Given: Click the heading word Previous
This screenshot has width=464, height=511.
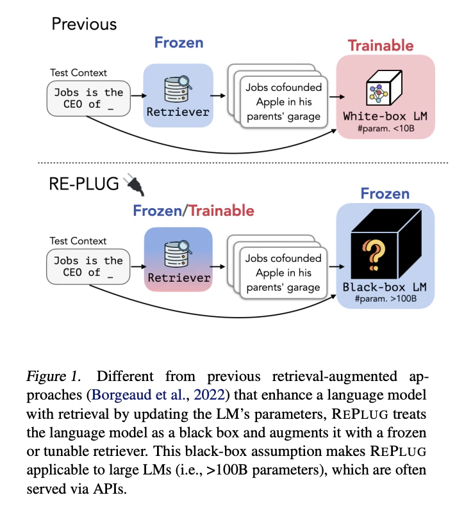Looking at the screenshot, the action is point(84,24).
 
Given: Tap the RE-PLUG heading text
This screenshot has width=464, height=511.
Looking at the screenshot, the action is point(84,184).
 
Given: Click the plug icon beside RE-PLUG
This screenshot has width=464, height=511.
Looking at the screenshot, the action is point(135,184).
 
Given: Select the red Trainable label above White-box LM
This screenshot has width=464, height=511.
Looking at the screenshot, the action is point(381,45).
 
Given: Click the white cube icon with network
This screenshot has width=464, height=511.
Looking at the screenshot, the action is point(384,88).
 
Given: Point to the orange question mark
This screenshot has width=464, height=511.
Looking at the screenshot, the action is point(374,255).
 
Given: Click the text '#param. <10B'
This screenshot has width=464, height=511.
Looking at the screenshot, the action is point(386,129).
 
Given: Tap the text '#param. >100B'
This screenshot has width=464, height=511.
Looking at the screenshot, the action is point(386,298).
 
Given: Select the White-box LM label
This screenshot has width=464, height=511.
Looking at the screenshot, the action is point(385,117).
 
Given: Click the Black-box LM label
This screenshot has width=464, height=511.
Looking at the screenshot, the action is point(385,287).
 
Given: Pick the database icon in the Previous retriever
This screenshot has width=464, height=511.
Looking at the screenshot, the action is point(178,89).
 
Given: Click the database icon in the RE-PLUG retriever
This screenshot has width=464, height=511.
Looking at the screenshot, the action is point(178,254).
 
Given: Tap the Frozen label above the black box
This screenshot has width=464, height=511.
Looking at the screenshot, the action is point(385,194).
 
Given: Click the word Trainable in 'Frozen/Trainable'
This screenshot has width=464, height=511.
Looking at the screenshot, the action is point(221,211).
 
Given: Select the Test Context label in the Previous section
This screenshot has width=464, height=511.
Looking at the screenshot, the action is point(78,72).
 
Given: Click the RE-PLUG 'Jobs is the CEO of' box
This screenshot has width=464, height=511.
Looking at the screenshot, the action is point(88,266).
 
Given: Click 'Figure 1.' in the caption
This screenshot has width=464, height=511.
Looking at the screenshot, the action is point(53,377).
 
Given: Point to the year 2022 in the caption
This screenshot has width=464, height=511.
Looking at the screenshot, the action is point(210,395).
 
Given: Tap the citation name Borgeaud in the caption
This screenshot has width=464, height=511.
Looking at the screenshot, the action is point(122,395).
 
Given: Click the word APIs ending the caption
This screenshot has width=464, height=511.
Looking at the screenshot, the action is point(109,489).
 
